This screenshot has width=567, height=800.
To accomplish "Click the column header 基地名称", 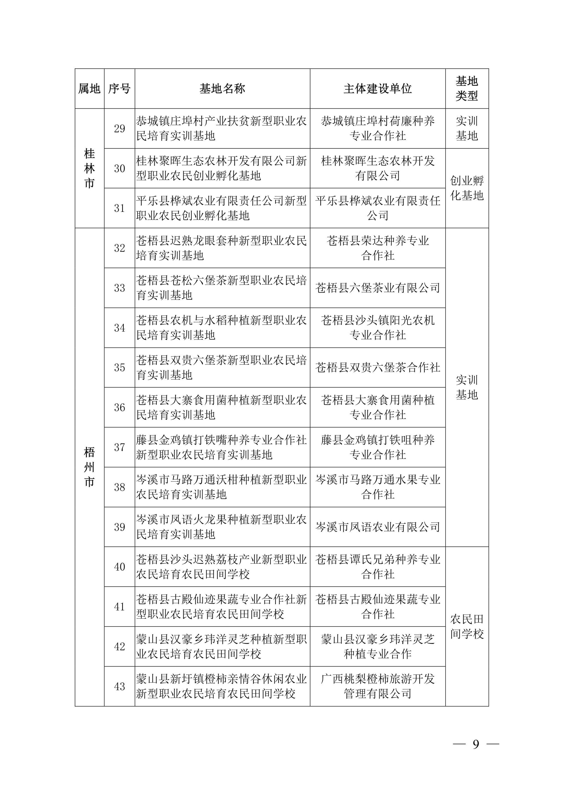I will click(222, 88).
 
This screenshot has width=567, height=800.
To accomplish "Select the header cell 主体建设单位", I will click(377, 88).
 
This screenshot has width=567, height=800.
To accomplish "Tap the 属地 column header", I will click(89, 88).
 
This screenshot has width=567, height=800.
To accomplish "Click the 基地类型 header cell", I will click(467, 88).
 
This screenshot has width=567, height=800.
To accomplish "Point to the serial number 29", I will click(119, 129).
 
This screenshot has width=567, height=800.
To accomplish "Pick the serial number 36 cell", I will click(119, 407).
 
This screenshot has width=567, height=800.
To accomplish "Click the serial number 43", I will click(119, 686).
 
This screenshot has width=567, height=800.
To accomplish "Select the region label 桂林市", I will click(89, 168).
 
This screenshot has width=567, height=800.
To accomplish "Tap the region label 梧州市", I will click(89, 467).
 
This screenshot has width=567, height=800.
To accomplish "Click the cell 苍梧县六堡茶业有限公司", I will click(377, 288).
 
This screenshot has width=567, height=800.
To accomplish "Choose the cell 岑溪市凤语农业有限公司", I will click(377, 527).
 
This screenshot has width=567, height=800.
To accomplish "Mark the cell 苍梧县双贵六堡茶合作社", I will click(377, 368).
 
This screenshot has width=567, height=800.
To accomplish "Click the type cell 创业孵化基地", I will click(467, 188).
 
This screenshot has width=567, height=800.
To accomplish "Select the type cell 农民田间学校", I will click(467, 626).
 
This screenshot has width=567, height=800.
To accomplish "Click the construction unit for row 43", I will click(377, 686).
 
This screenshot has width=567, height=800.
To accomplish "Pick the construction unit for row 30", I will click(377, 168).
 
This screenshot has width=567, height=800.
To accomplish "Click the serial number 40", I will click(119, 567).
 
